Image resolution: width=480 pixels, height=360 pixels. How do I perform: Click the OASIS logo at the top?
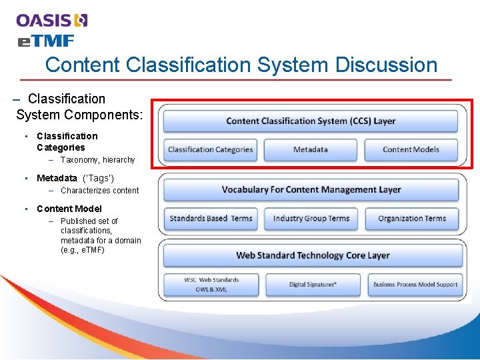[52, 21]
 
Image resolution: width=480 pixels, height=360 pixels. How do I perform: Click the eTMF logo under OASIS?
[45, 41]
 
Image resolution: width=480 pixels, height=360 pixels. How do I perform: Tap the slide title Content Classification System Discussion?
[241, 65]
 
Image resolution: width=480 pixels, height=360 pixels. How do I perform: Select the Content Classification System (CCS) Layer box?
[311, 121]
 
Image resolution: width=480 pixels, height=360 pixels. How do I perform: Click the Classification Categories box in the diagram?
[211, 149]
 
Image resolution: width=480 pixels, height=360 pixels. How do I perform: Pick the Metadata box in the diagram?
[311, 149]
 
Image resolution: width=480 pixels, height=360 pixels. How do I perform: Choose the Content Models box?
[411, 149]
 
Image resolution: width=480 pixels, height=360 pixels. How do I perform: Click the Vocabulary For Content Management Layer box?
[311, 190]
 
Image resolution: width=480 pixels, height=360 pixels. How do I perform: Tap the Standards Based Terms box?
[211, 219]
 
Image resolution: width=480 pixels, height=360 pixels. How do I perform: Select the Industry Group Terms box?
[311, 219]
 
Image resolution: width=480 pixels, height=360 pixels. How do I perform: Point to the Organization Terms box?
[411, 219]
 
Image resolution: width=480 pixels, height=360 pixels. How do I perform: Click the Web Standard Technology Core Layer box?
[312, 255]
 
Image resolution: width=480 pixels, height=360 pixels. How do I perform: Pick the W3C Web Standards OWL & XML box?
[211, 285]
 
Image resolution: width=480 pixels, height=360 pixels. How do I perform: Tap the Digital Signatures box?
[312, 285]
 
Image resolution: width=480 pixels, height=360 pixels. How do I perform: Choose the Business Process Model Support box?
[415, 285]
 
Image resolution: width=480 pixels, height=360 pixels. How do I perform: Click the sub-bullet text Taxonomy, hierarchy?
[97, 160]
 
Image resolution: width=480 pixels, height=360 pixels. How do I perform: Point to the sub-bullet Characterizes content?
[99, 191]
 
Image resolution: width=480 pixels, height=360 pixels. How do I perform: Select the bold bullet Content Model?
[69, 209]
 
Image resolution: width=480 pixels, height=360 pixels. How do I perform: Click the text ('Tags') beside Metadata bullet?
[98, 178]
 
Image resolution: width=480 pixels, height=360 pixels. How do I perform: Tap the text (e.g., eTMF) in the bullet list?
[83, 250]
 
